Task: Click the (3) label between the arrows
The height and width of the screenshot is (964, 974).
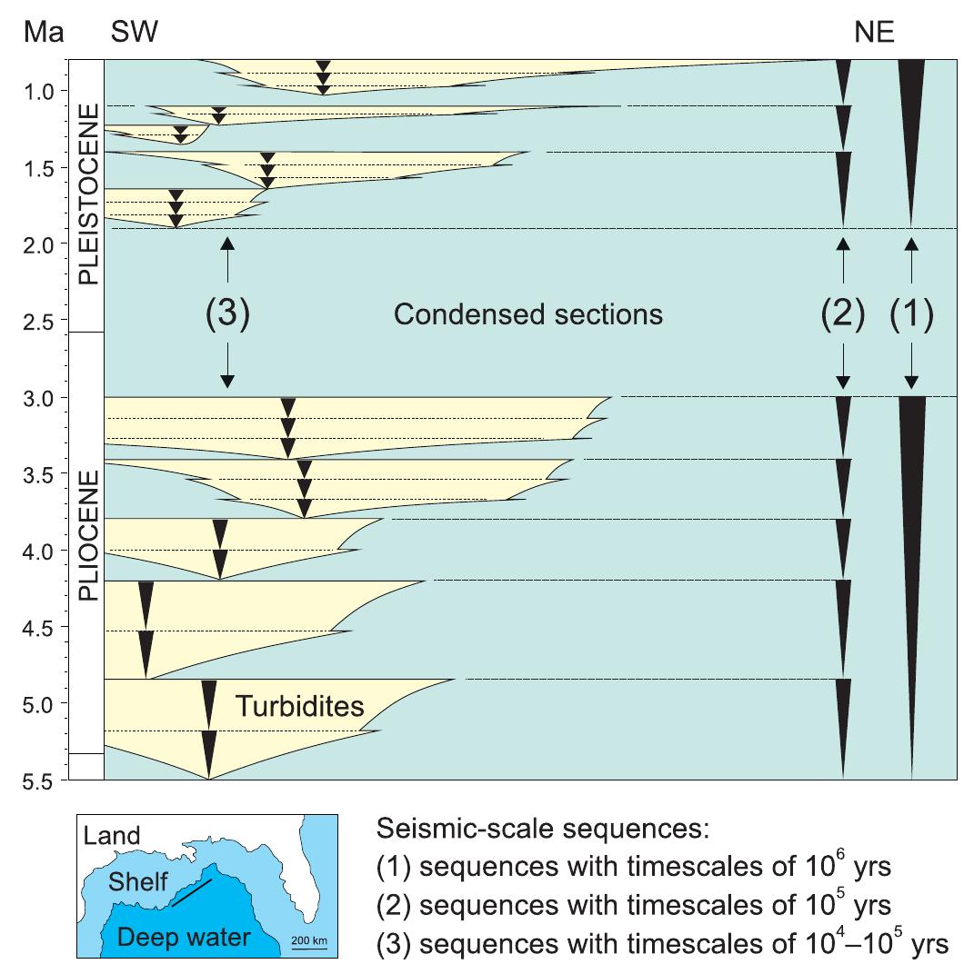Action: (227, 315)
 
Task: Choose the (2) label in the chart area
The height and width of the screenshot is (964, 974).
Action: (844, 315)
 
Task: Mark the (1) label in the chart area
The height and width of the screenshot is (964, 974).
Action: (912, 315)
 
